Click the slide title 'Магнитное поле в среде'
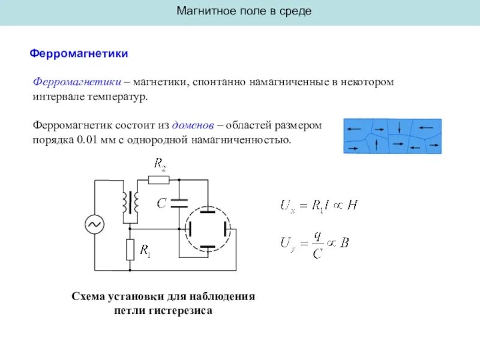click(244, 11)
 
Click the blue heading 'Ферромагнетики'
click(79, 54)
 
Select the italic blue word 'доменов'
click(193, 126)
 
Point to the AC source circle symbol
click(95, 224)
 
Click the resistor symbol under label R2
click(158, 179)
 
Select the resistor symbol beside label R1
click(130, 249)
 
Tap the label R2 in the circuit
click(160, 163)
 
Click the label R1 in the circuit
click(145, 250)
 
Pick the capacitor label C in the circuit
click(161, 204)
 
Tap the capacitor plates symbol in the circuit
click(179, 202)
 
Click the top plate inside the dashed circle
click(207, 210)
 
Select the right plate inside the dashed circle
click(227, 229)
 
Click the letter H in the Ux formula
click(352, 205)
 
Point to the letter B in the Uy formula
click(344, 244)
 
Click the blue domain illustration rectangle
click(392, 136)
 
